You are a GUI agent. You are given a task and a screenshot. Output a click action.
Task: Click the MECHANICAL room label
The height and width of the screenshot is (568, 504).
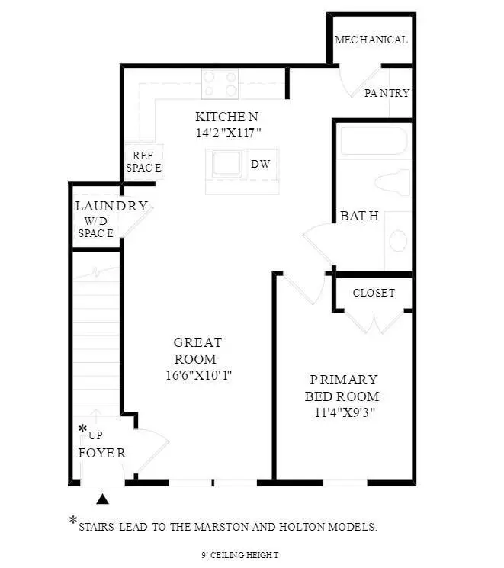coord(371,40)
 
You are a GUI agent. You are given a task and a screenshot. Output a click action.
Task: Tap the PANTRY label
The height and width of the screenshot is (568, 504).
coord(387,93)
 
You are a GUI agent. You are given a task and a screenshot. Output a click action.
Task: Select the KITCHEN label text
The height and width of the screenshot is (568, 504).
coord(227,117)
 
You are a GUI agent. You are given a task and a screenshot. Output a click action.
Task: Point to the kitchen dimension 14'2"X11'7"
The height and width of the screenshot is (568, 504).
coord(227,132)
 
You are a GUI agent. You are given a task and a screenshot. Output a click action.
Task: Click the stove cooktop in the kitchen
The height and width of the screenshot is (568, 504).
coord(220,83)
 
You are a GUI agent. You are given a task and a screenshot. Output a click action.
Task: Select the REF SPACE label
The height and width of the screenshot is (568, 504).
coord(143,162)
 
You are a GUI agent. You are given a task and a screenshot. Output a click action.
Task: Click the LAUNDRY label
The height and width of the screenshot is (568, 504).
coord(111,206)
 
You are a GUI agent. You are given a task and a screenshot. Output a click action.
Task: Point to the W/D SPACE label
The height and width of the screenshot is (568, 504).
coord(95,227)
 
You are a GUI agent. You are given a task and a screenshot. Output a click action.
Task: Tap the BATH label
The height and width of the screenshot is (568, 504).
coord(359,216)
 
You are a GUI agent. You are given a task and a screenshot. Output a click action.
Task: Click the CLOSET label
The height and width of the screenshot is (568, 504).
coord(374,293)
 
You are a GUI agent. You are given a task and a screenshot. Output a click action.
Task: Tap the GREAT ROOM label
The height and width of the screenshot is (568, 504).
coord(197,351)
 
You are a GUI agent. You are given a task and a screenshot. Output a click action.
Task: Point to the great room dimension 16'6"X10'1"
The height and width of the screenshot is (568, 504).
coord(197,375)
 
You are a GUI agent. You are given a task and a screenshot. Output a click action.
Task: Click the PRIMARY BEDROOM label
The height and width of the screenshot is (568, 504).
coord(342,387)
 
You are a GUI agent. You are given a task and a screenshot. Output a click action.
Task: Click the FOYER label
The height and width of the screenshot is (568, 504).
coord(101,452)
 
